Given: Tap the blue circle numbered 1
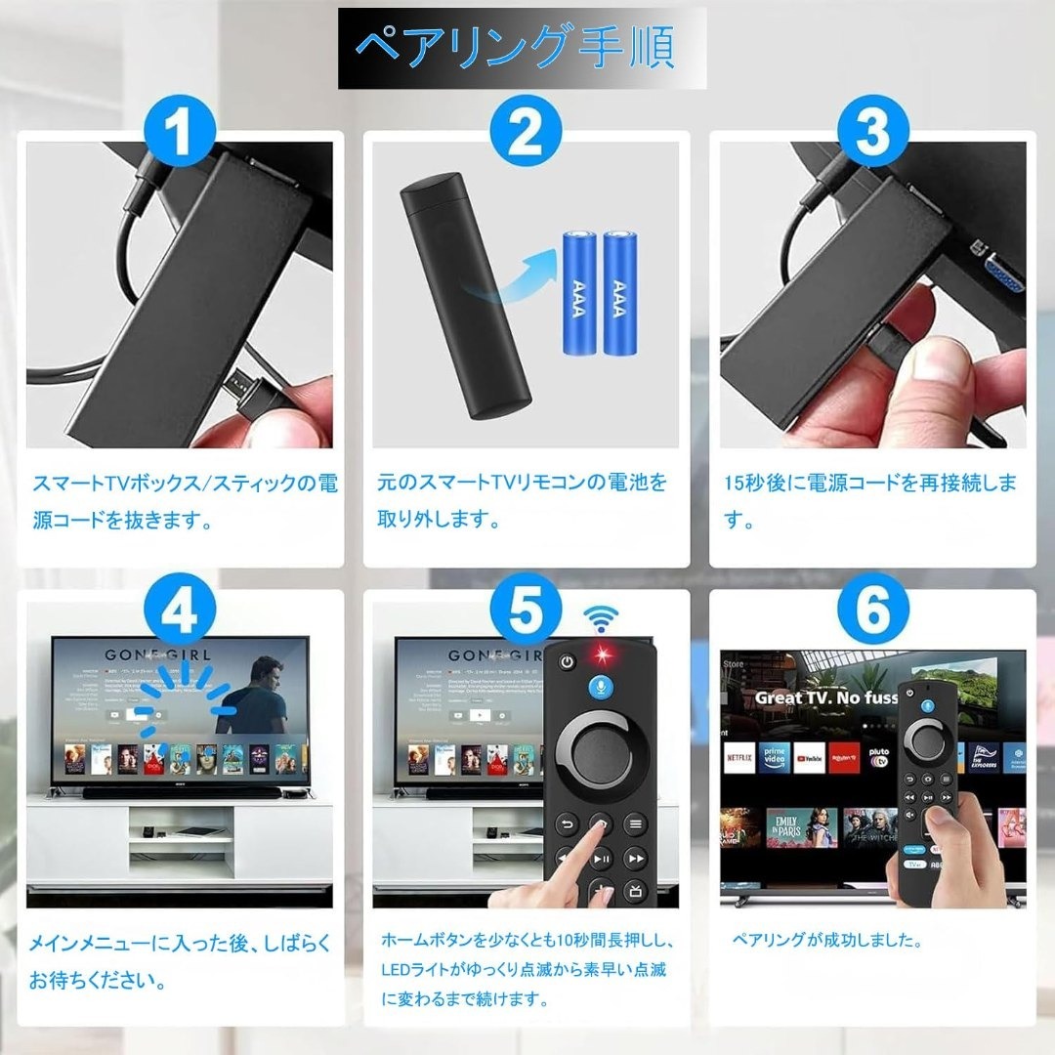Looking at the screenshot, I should pyautogui.click(x=180, y=134).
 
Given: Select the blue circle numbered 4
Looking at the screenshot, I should pyautogui.click(x=180, y=613).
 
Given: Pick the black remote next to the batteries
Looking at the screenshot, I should pyautogui.click(x=466, y=293).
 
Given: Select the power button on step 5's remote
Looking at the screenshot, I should pyautogui.click(x=568, y=662).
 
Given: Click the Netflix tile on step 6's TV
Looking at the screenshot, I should pyautogui.click(x=739, y=757).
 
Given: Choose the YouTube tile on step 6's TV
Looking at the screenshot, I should pyautogui.click(x=809, y=757).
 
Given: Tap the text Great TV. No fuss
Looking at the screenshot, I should pyautogui.click(x=825, y=697).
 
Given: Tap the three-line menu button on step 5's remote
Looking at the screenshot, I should pyautogui.click(x=636, y=824).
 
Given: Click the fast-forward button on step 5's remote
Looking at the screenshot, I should pyautogui.click(x=636, y=859).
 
